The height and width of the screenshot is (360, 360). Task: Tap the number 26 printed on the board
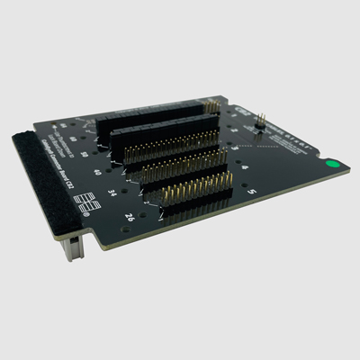pos(130,216)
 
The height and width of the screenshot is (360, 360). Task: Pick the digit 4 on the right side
pos(245,167)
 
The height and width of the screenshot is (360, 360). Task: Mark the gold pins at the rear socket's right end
pos(214,107)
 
